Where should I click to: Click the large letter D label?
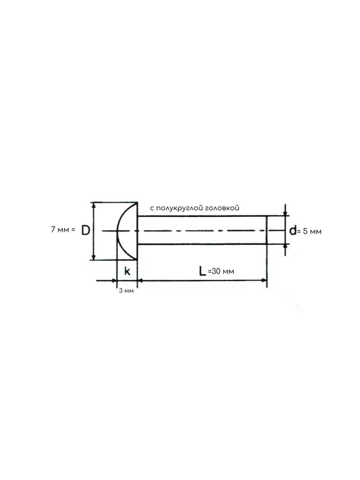(86, 230)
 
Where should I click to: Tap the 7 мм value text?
(60, 230)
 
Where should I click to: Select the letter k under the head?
(128, 271)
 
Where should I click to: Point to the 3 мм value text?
(126, 290)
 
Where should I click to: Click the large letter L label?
(202, 271)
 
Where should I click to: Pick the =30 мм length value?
(221, 271)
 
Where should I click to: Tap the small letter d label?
(292, 230)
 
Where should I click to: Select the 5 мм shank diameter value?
(313, 231)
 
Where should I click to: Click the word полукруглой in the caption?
(179, 209)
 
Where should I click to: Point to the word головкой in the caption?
(222, 208)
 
